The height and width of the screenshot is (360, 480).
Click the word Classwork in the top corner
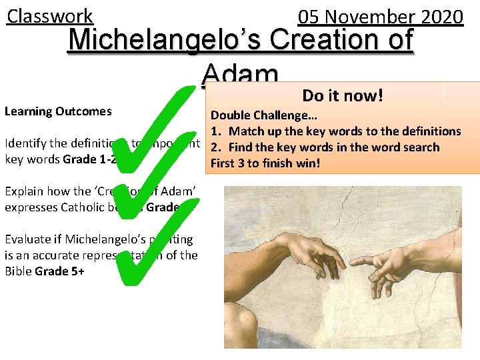coord(50,15)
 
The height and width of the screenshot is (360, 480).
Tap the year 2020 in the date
coord(438,17)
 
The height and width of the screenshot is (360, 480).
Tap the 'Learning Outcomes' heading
coord(58,111)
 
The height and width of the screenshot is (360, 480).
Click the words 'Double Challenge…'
coord(254,115)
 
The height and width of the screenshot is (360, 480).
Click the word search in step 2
coord(421,147)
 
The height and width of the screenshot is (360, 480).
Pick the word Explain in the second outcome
coord(24,191)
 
